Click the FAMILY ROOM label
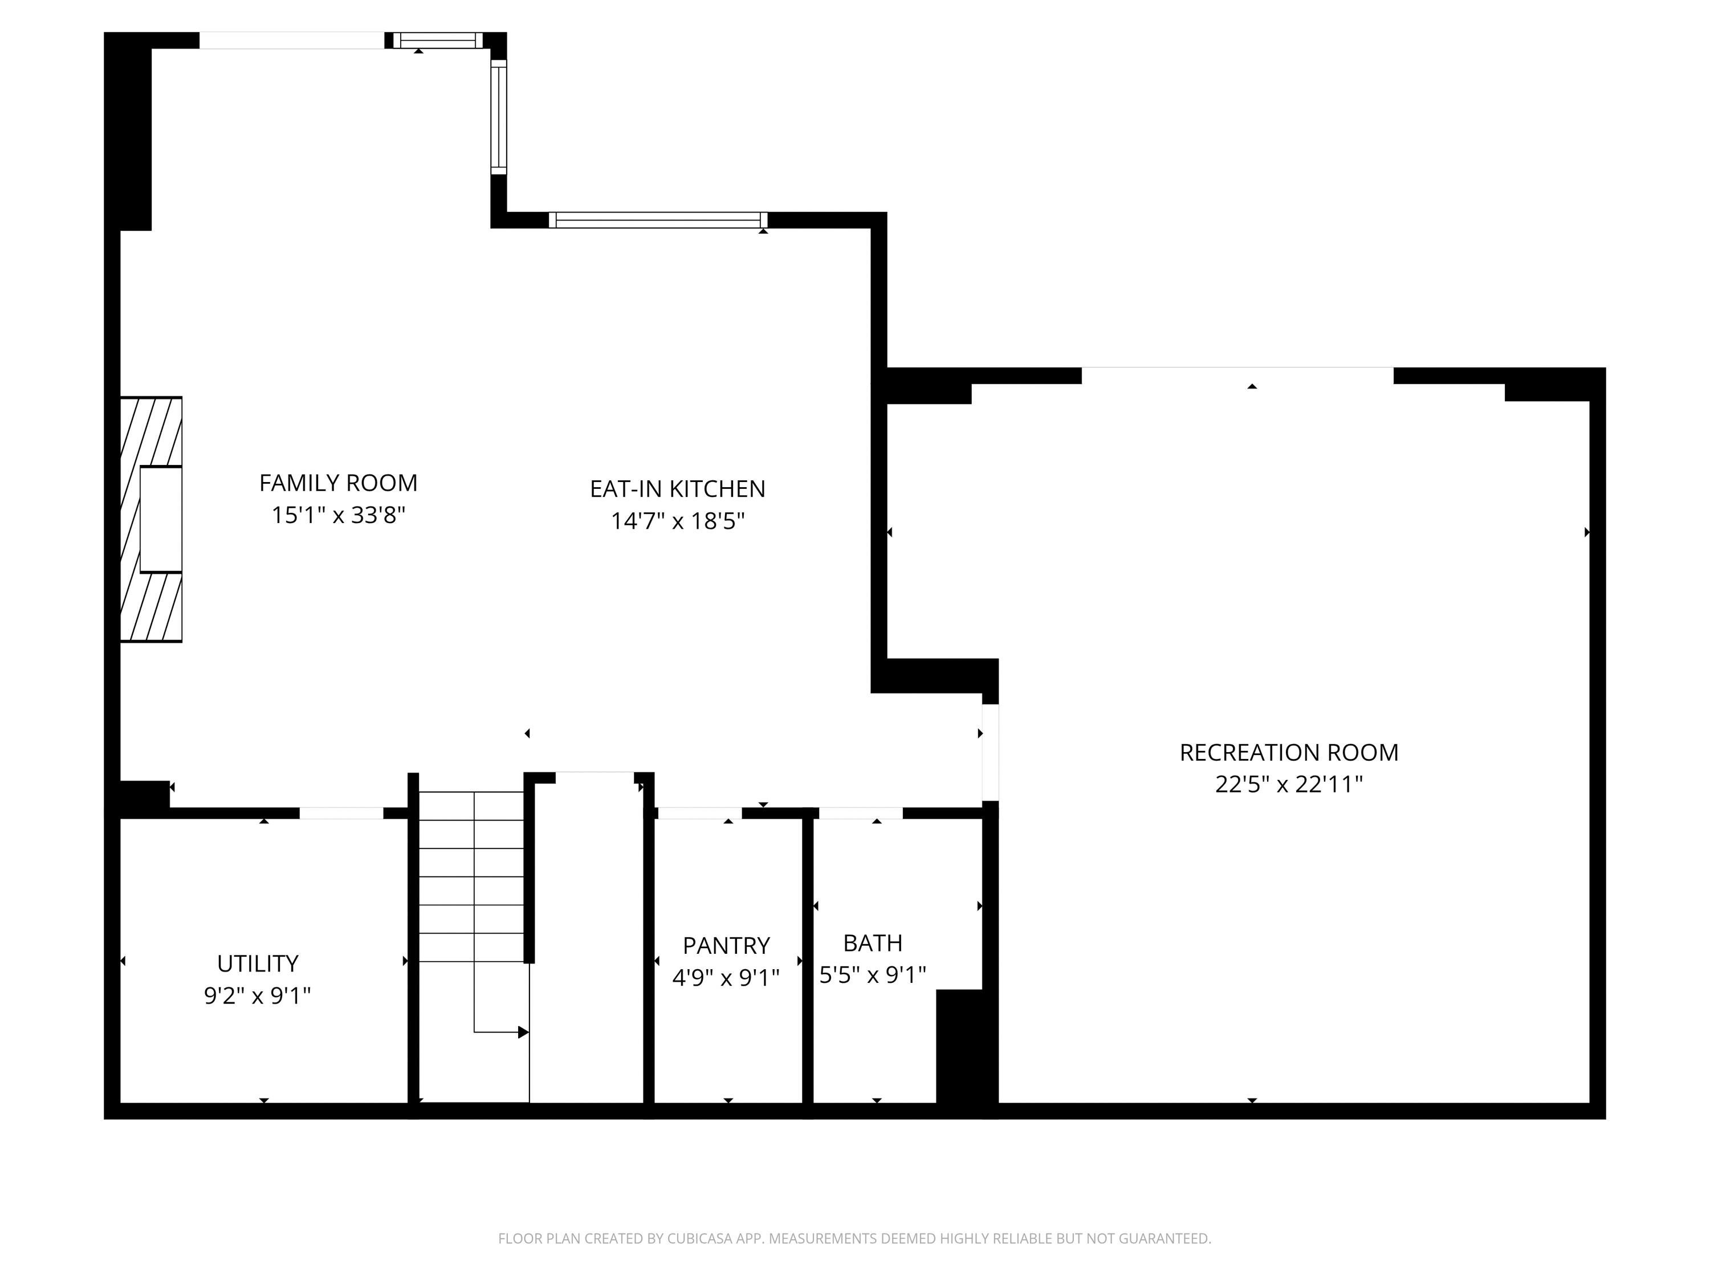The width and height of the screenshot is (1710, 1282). (x=338, y=483)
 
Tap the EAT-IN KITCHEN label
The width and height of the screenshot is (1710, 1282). (x=677, y=489)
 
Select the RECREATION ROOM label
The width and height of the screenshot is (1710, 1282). (x=1289, y=753)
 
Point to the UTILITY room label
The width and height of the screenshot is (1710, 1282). (x=258, y=963)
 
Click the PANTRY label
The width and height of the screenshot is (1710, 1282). (x=726, y=946)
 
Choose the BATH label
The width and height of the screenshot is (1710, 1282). (x=873, y=944)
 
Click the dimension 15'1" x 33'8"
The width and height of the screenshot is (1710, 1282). (x=338, y=515)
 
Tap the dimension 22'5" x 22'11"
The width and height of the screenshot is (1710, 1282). (x=1289, y=785)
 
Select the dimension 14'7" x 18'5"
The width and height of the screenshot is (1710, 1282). (x=677, y=521)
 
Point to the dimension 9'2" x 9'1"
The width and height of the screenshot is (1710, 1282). (x=258, y=995)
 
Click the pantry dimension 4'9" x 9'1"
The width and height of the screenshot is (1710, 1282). (x=726, y=978)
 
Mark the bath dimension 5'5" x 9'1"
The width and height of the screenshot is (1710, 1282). (x=873, y=975)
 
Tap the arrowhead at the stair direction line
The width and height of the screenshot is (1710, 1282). (x=523, y=1032)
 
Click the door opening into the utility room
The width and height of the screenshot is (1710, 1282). (x=341, y=813)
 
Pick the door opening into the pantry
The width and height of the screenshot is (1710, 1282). (x=699, y=813)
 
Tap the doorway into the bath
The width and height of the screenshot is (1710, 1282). (x=860, y=813)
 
